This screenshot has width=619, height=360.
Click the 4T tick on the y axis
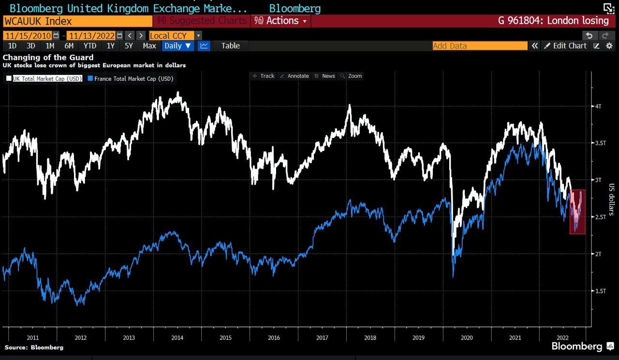[598, 106]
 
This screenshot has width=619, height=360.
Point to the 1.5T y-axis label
[600, 291]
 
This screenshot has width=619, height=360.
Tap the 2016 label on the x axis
[274, 337]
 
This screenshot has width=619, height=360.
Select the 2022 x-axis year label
[562, 337]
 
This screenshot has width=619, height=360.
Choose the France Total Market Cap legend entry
[130, 78]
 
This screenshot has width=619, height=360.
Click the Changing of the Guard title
[48, 57]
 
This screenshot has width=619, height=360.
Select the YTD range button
[90, 45]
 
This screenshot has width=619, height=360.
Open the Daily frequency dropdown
[177, 45]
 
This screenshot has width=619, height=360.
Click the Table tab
[230, 45]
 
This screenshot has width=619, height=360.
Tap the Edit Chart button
[565, 45]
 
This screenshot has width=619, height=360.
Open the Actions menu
[282, 21]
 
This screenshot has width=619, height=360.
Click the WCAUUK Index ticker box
[77, 21]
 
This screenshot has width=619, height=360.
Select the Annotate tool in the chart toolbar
[295, 76]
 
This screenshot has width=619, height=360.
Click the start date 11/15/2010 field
[28, 35]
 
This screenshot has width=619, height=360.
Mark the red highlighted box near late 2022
[577, 212]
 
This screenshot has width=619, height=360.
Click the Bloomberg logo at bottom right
[576, 346]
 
